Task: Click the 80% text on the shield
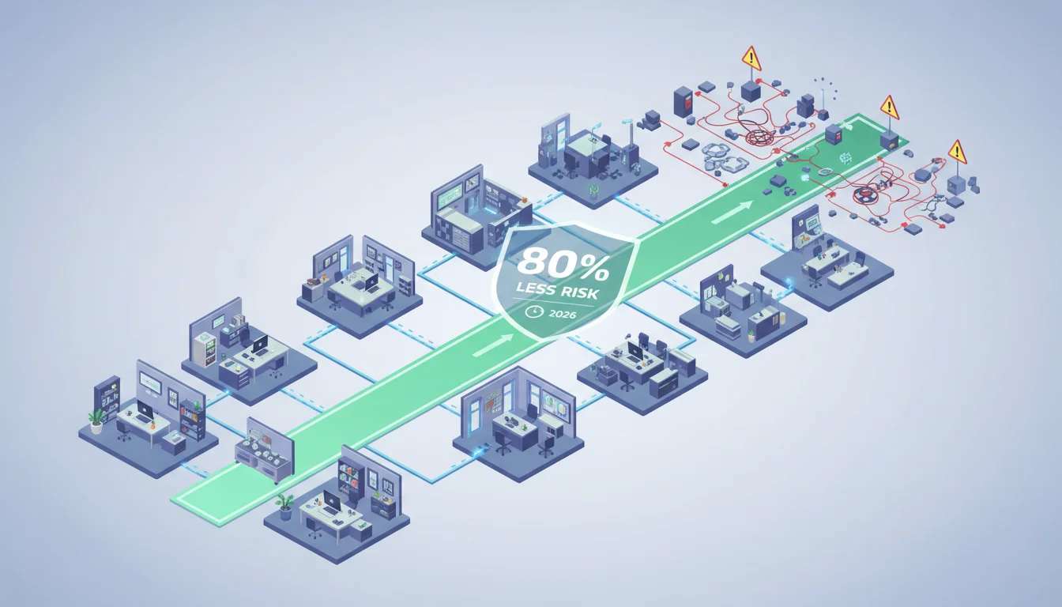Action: (563, 265)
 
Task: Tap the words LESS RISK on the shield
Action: (557, 291)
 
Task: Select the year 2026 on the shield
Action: (563, 314)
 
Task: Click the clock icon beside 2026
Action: (534, 311)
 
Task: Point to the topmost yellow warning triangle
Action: (751, 58)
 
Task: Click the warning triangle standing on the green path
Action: (890, 107)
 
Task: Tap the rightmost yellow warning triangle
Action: (957, 153)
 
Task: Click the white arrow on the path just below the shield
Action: (492, 345)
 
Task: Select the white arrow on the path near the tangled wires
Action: (732, 212)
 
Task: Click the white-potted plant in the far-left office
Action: (96, 421)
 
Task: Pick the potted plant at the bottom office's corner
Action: (285, 507)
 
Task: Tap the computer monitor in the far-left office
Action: (145, 409)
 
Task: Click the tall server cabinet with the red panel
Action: (683, 101)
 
